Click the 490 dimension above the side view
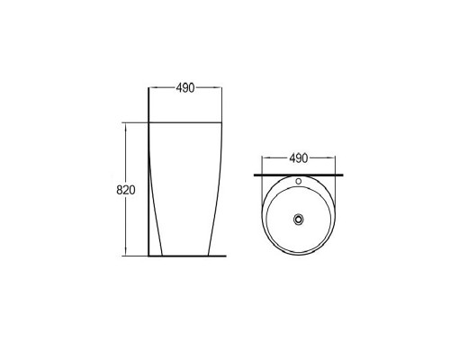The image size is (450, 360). pos(185,88)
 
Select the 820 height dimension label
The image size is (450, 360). pos(126,190)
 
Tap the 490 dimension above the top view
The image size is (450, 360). pos(299,158)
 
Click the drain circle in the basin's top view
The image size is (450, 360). pos(299,219)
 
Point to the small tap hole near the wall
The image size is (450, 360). pos(299,181)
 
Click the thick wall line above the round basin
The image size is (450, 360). pos(299,175)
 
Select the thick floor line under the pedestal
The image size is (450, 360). pos(187,256)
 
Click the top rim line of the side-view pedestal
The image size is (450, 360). pos(185,122)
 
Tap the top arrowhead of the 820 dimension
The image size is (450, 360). pos(126,126)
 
